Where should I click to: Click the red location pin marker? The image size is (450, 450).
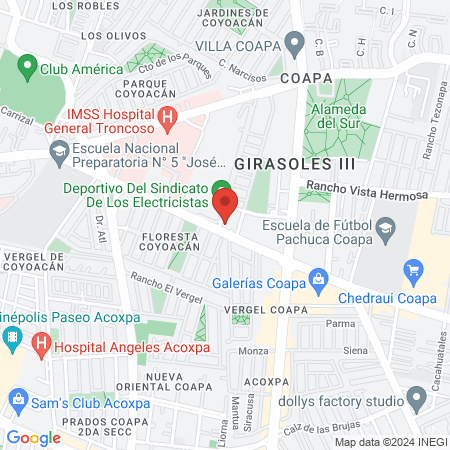pos(226,206)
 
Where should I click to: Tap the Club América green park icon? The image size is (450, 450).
pos(27,70)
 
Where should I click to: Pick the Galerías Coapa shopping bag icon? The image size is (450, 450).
pos(318,278)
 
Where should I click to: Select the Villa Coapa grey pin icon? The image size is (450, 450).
pos(294,42)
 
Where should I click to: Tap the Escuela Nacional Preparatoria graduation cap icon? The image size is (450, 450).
pos(58,152)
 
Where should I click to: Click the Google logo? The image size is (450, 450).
pos(33,437)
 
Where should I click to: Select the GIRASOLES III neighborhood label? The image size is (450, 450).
pos(280,162)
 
